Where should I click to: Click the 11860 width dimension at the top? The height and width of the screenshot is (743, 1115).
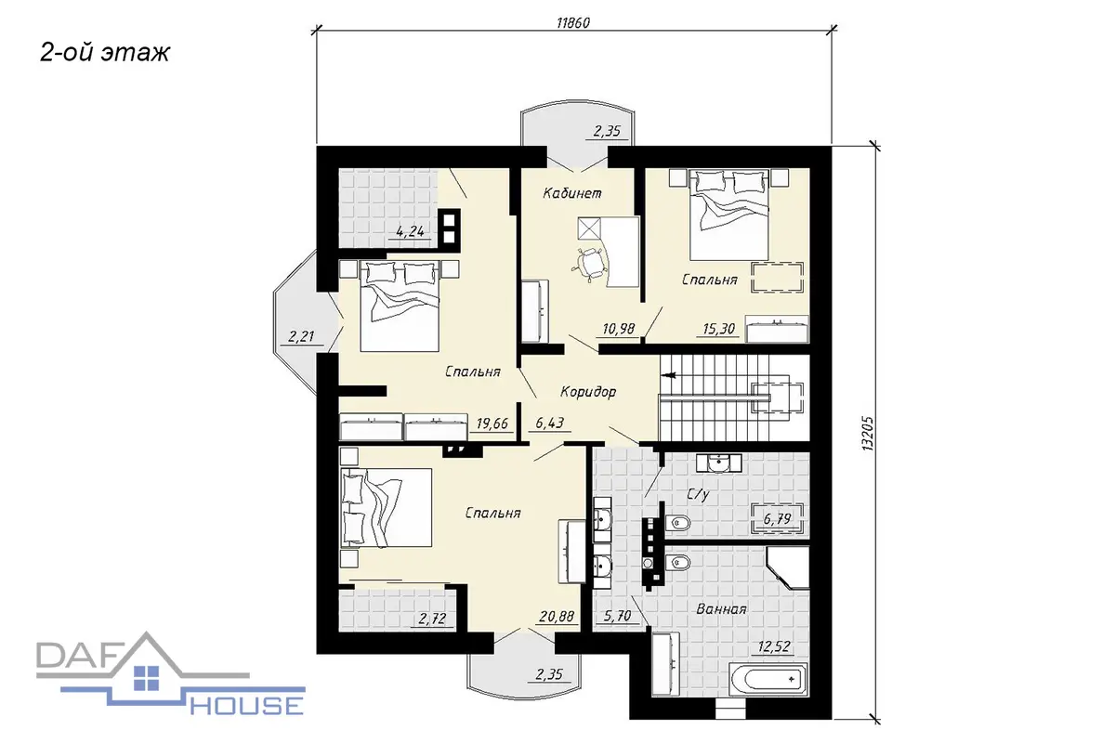coord(573,23)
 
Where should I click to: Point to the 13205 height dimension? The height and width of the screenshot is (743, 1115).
coord(868,434)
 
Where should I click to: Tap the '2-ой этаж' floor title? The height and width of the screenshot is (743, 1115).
coord(104,52)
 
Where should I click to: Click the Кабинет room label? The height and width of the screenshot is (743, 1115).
coord(572,193)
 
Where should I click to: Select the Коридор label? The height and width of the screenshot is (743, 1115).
coord(588,392)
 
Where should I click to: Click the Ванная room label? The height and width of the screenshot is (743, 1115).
coord(721,609)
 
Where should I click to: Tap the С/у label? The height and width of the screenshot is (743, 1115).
coord(698,494)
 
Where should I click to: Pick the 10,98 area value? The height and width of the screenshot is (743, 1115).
coord(618,329)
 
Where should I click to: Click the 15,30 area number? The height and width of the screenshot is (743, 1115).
coord(719,329)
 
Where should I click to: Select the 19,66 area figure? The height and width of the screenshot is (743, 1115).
coord(492,424)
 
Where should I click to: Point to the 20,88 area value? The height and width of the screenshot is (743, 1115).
coord(557,617)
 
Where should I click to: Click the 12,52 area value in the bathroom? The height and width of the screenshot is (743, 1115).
coord(774,646)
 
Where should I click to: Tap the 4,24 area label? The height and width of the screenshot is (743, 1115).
coord(410,231)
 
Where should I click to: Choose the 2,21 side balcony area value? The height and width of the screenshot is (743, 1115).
coord(301,337)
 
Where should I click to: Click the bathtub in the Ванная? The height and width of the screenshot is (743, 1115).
coord(768,679)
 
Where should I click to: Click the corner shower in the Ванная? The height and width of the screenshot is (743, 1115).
coord(788,567)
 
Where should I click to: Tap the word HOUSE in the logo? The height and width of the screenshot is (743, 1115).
coord(247,706)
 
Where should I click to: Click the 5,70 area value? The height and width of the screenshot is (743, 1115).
coord(617,617)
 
